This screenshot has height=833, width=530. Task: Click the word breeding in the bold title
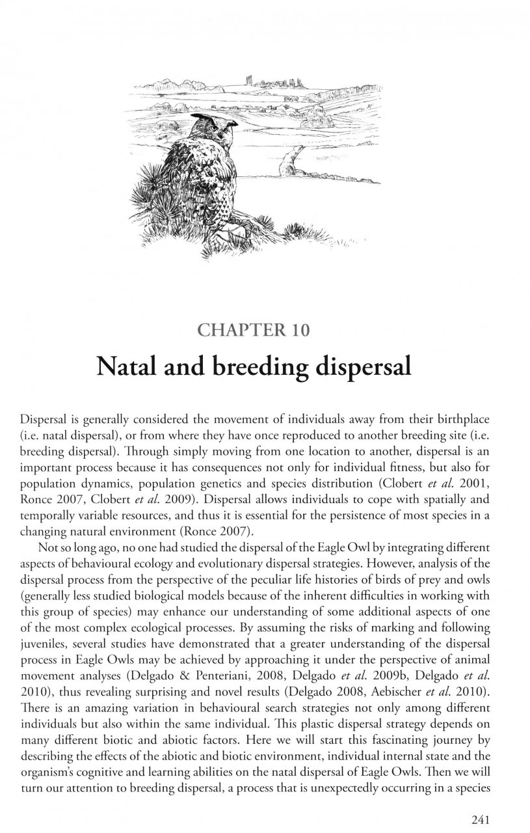(246, 367)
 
